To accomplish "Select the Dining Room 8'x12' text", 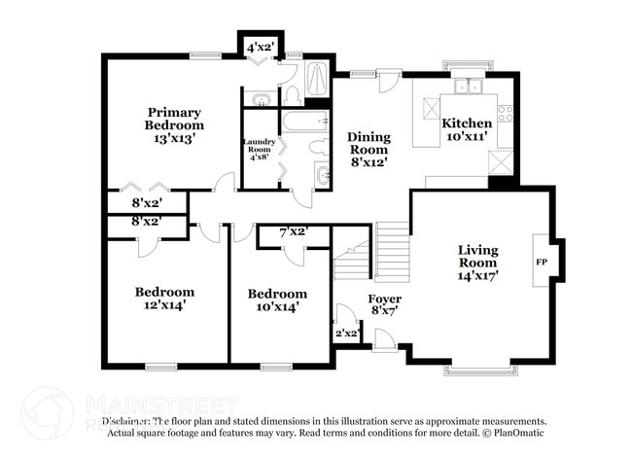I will click(369, 149).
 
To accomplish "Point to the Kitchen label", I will click(466, 130).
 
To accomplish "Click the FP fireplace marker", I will click(542, 262).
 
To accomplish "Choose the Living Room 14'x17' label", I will click(477, 263).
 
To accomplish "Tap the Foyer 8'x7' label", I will click(384, 304).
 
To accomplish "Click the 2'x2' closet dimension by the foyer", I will click(347, 333).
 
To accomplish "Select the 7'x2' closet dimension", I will click(293, 231).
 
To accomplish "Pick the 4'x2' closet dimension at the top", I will click(259, 47).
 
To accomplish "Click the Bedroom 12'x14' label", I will click(164, 298).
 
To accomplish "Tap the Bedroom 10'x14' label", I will click(277, 300).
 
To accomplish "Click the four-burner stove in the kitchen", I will click(505, 114).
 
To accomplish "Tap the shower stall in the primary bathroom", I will click(319, 81).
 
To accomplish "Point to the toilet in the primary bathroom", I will click(292, 93).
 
